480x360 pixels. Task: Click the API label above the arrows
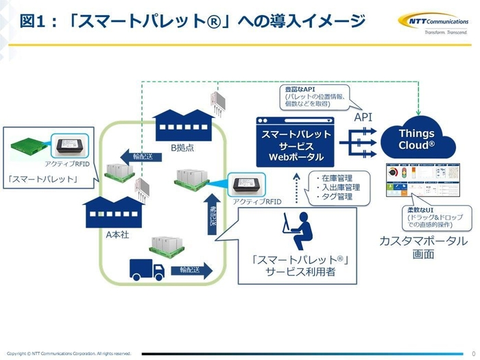pos(363,117)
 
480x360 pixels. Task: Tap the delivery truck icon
pos(147,269)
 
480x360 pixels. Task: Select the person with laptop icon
pos(297,232)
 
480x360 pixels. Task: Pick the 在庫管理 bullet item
pos(335,177)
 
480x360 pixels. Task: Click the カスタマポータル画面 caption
pos(422,248)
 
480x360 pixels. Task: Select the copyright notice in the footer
pos(69,353)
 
